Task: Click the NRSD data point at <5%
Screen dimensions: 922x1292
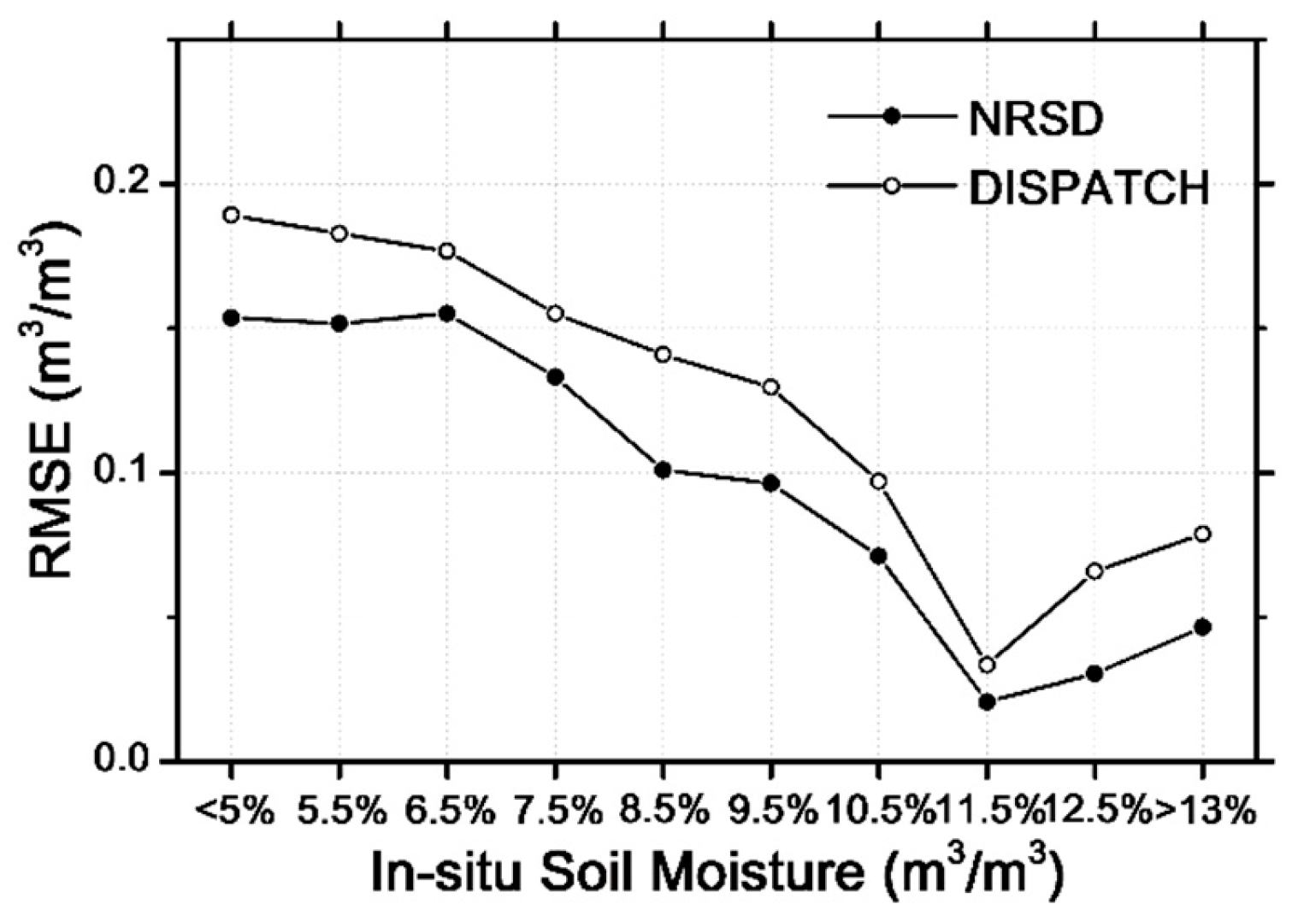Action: click(231, 318)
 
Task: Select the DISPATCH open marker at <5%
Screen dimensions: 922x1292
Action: click(231, 215)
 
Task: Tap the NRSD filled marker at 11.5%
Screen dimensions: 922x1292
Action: click(987, 702)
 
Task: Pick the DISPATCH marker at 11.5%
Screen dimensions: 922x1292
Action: click(987, 665)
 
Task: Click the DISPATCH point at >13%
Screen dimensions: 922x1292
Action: click(1202, 534)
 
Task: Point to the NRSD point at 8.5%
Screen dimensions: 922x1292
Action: click(663, 470)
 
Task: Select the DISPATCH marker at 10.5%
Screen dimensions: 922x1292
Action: click(878, 482)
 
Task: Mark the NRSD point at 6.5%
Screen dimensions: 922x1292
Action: click(446, 314)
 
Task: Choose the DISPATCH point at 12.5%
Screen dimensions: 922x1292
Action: click(1094, 571)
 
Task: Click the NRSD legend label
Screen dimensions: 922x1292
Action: click(1035, 120)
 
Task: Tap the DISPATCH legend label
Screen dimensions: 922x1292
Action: click(1088, 188)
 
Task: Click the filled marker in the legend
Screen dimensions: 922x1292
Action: click(892, 117)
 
